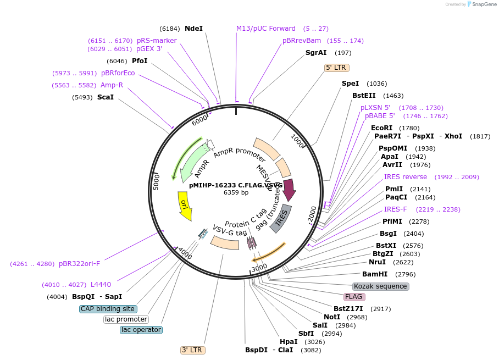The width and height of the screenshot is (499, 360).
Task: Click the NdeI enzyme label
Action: point(193,28)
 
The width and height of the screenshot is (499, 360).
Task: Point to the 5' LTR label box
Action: point(336,68)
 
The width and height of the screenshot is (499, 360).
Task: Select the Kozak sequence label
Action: point(380,286)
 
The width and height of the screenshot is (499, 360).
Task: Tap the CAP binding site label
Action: point(108,309)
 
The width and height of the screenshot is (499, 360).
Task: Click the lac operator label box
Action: point(141,330)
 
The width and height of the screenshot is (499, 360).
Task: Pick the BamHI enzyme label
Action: point(375,274)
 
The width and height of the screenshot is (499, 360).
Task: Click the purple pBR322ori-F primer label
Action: point(79,263)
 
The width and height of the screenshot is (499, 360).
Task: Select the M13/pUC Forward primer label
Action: point(265,28)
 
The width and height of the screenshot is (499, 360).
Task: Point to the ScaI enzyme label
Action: point(106,97)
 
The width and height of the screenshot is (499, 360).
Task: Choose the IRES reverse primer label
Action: point(405,177)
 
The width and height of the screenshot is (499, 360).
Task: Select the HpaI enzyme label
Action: point(289,341)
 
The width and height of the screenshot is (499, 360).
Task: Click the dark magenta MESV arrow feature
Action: point(289,189)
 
